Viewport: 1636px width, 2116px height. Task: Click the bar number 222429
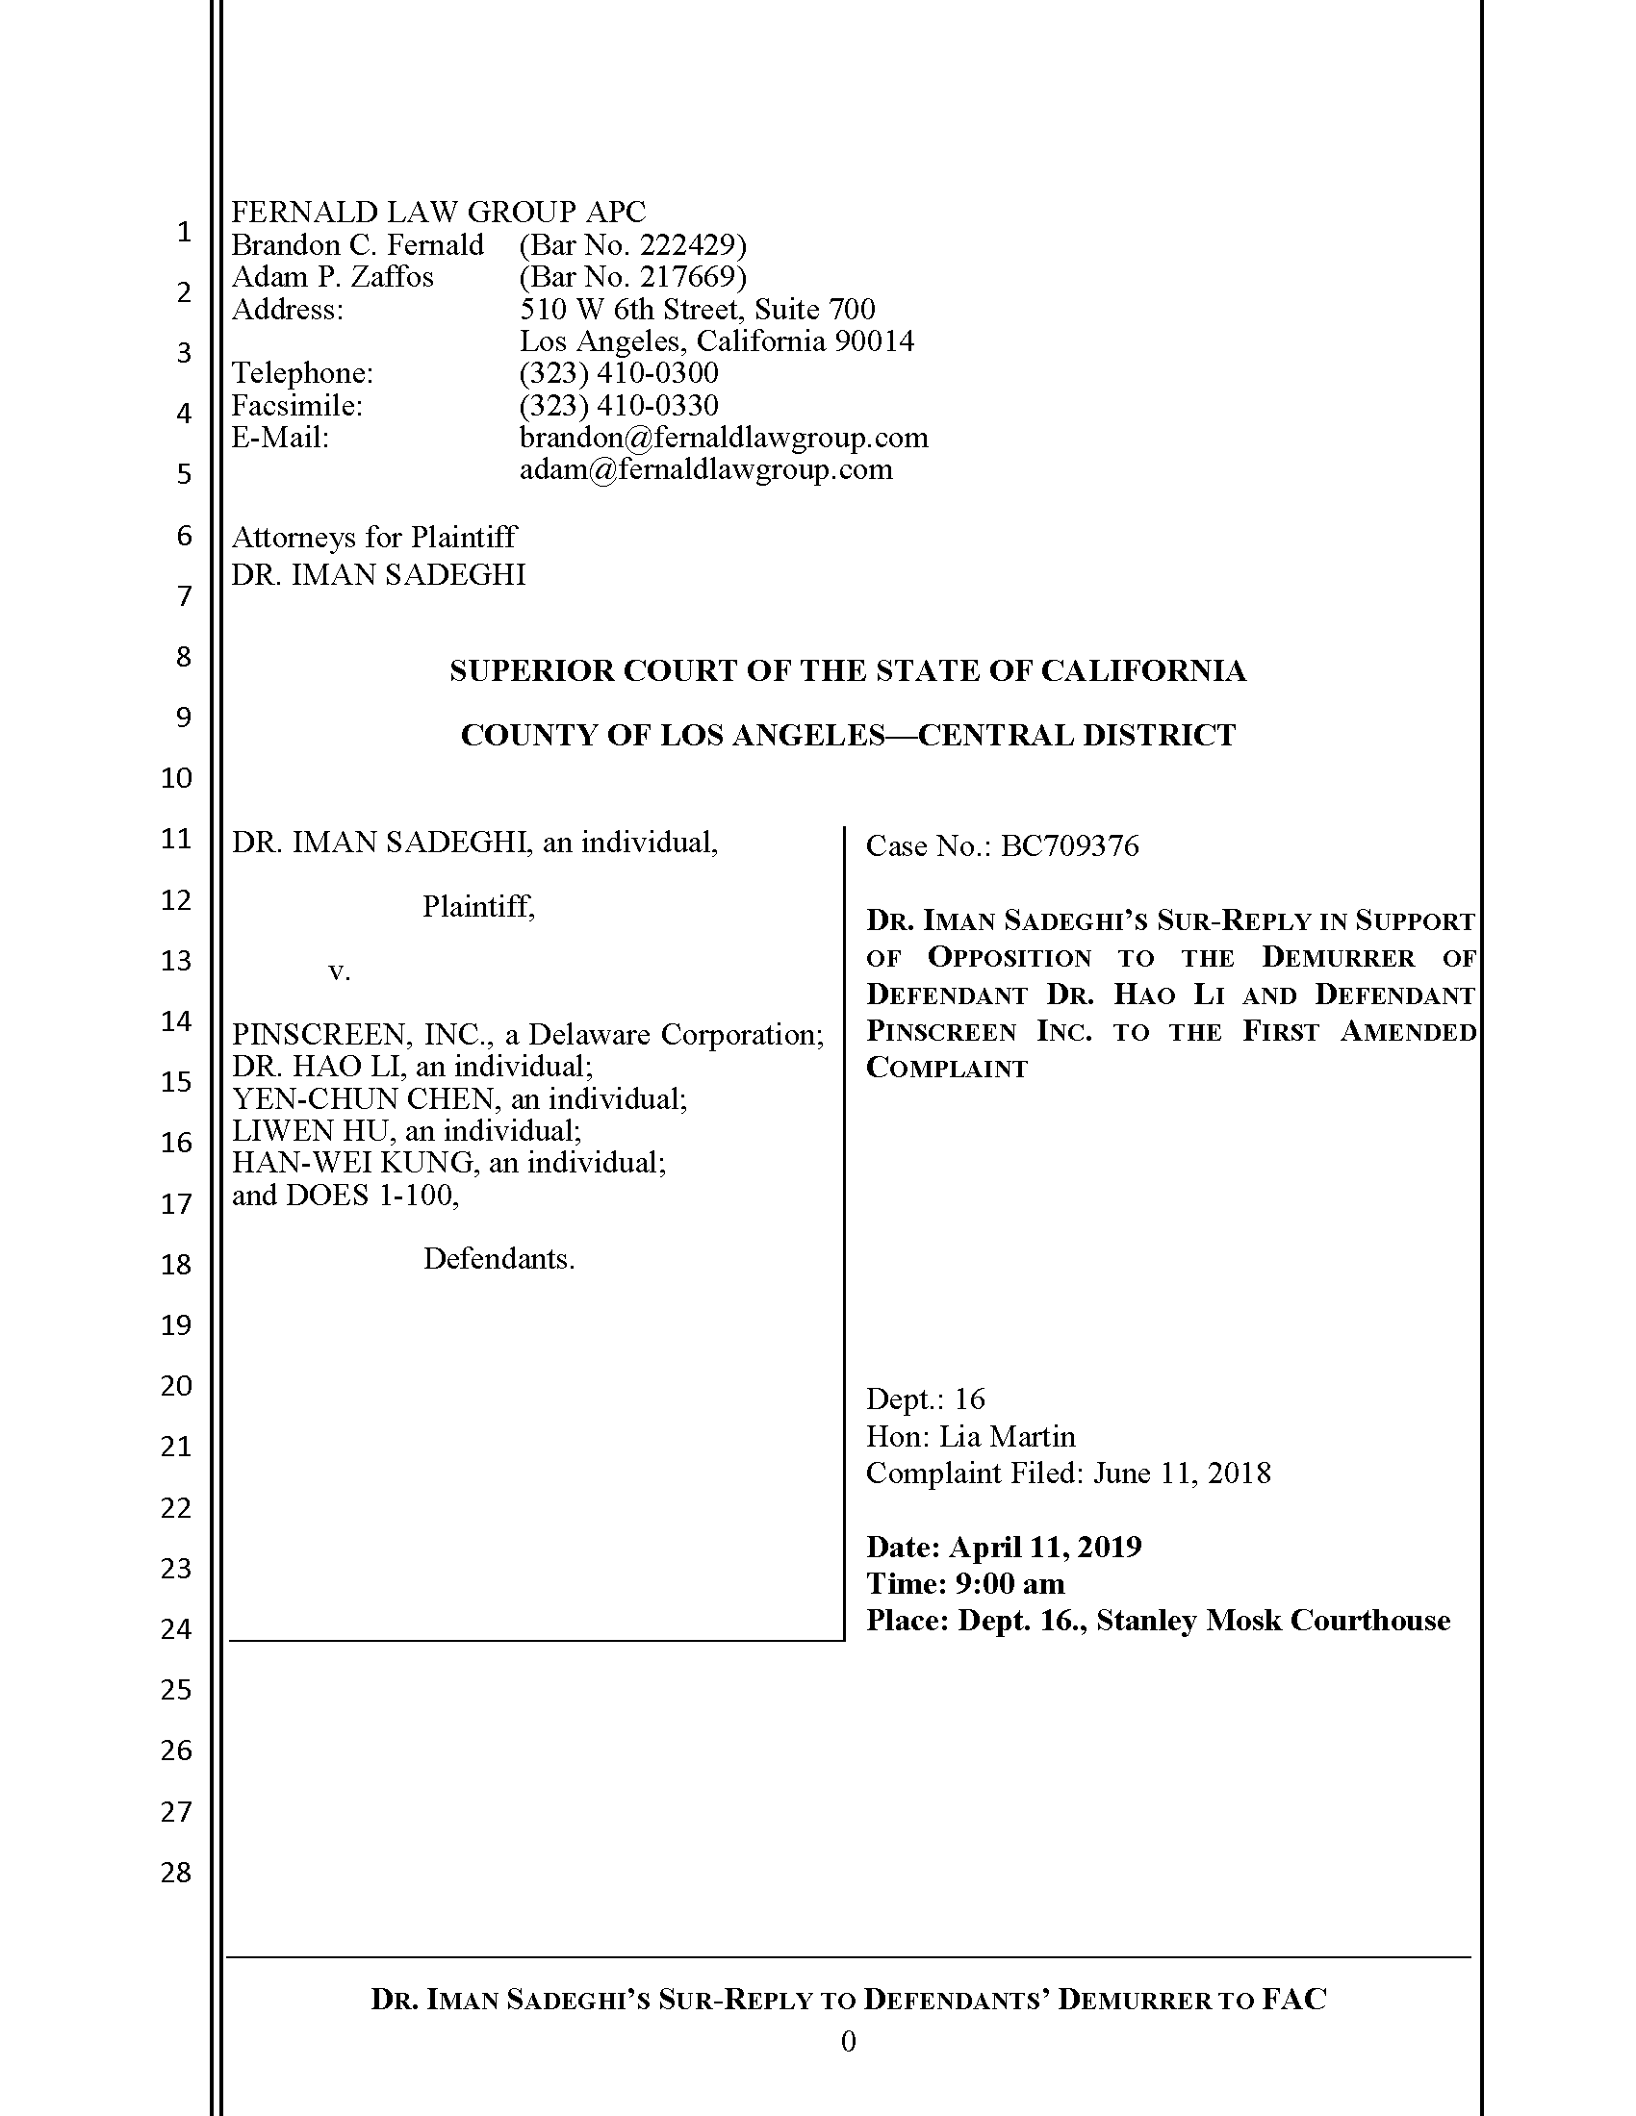pos(689,245)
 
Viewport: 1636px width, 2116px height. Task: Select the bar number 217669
pos(689,277)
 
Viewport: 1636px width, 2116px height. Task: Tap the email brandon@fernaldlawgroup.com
pos(723,438)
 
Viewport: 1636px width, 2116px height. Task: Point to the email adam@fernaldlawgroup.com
pos(705,470)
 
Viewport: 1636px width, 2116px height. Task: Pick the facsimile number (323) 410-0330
pos(619,405)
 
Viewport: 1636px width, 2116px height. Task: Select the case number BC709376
pos(1069,845)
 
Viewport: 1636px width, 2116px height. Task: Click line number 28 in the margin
pos(176,1872)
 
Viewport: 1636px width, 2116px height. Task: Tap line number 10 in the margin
pos(176,777)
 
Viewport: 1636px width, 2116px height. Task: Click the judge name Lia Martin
pos(1007,1436)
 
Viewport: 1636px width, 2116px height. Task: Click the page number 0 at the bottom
pos(848,2042)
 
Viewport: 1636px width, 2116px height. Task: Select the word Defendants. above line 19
pos(499,1259)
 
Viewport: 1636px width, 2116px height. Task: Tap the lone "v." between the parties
pos(339,970)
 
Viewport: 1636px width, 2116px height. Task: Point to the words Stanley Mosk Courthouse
pos(1272,1620)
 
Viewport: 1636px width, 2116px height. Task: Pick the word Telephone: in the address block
pos(302,373)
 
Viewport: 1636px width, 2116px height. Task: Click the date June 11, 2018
pos(1182,1473)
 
